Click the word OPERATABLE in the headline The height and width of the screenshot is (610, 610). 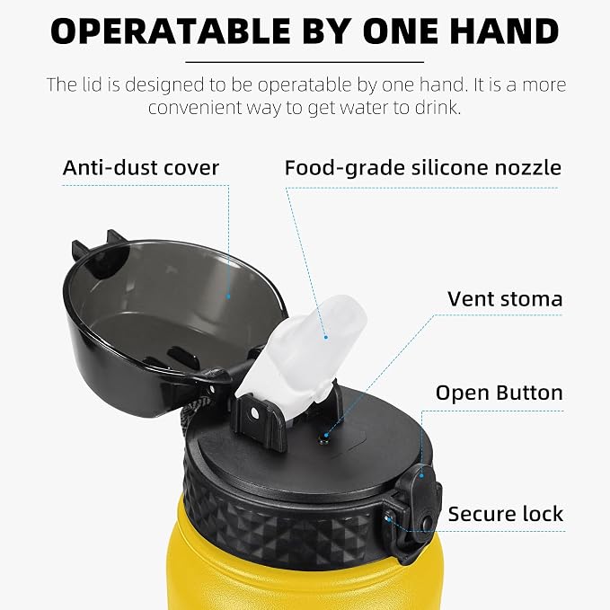[171, 31]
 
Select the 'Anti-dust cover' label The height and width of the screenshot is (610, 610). [141, 168]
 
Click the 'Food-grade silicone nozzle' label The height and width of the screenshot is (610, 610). [423, 168]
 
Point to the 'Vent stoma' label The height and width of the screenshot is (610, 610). [505, 299]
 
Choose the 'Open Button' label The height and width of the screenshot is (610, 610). [499, 393]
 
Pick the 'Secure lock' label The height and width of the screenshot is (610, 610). [506, 514]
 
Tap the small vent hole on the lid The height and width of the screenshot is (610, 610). [323, 440]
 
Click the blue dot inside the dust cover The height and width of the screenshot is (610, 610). [228, 296]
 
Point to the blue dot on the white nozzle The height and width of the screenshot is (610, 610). [326, 337]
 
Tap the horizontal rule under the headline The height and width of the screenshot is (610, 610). [305, 62]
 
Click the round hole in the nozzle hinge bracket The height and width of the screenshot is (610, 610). [255, 413]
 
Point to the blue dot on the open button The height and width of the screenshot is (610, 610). [421, 475]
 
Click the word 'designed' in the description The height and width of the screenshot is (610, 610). [164, 85]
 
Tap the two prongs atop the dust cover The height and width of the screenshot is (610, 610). [97, 242]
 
